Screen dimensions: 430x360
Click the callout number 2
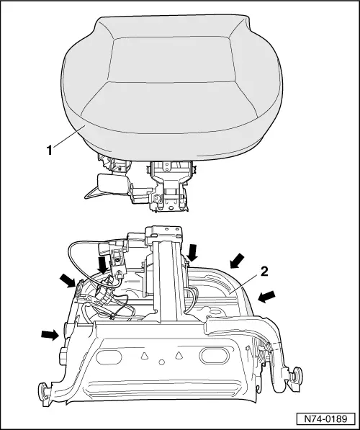pos(265,272)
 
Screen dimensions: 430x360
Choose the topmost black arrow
pos(192,251)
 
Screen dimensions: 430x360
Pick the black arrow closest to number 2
pos(235,260)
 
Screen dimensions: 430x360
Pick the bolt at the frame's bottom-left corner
pos(42,393)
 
